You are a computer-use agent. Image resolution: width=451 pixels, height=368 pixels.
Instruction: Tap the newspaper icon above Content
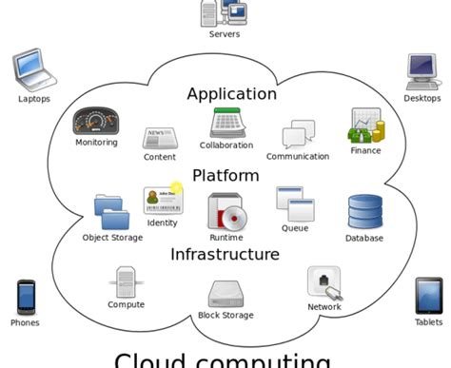(x=159, y=138)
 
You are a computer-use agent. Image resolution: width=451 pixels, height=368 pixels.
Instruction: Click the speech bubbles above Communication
(x=298, y=135)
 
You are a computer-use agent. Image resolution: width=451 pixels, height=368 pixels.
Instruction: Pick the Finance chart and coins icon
(x=364, y=126)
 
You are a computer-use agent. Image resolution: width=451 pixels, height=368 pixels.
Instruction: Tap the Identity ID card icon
(x=162, y=200)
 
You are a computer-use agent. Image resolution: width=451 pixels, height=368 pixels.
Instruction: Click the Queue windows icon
(x=294, y=203)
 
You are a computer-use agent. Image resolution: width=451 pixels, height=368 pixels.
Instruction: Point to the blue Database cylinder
(x=364, y=212)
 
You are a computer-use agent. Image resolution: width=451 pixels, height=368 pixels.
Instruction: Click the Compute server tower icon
(x=126, y=282)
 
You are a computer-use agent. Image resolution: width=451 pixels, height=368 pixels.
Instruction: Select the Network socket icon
(x=324, y=282)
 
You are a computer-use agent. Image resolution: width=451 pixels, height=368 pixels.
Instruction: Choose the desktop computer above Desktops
(x=422, y=71)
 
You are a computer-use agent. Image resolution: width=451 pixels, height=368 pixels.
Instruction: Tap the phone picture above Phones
(x=26, y=298)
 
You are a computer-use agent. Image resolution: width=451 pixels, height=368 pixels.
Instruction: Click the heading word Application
(x=231, y=94)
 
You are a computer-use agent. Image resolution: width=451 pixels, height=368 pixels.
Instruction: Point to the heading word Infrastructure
(x=225, y=254)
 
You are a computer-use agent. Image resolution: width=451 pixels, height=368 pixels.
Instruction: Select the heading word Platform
(x=225, y=176)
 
